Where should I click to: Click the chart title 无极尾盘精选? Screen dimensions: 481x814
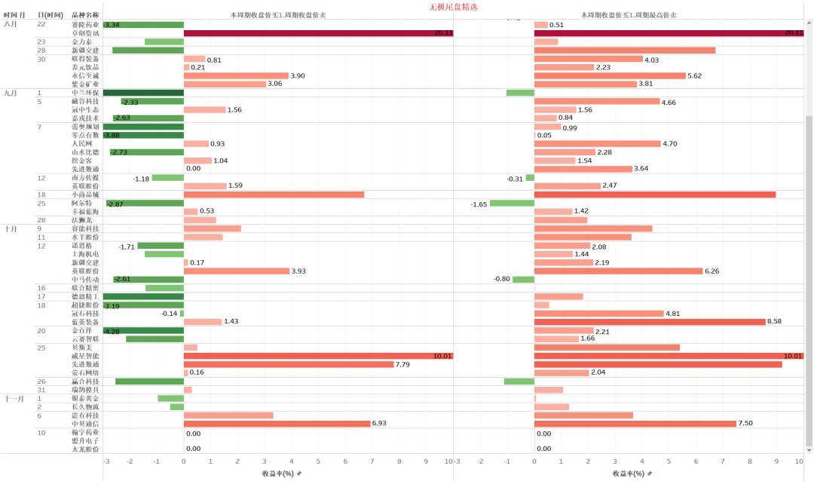pyautogui.click(x=453, y=6)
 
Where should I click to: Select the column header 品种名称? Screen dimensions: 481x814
pyautogui.click(x=84, y=15)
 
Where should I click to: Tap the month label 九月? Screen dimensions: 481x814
pyautogui.click(x=11, y=93)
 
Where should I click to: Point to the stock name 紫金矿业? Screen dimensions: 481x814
pyautogui.click(x=84, y=84)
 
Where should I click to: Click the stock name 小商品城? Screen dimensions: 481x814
pyautogui.click(x=84, y=195)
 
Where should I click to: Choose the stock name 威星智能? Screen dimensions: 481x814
pyautogui.click(x=84, y=356)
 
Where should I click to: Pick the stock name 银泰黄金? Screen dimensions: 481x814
pyautogui.click(x=84, y=398)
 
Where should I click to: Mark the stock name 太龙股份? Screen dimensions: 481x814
pyautogui.click(x=84, y=449)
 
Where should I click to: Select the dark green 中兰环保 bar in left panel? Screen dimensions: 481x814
pyautogui.click(x=143, y=93)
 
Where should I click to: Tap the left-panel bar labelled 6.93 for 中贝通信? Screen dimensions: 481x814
pyautogui.click(x=277, y=424)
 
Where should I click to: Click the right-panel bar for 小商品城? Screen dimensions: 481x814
pyautogui.click(x=654, y=195)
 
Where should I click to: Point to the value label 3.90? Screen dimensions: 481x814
pyautogui.click(x=298, y=76)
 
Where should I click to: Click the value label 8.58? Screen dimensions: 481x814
pyautogui.click(x=774, y=322)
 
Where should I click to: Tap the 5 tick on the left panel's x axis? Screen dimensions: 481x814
pyautogui.click(x=318, y=461)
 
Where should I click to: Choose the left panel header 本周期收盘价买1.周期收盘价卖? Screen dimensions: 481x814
pyautogui.click(x=278, y=15)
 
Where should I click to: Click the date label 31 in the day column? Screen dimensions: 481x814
pyautogui.click(x=41, y=390)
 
